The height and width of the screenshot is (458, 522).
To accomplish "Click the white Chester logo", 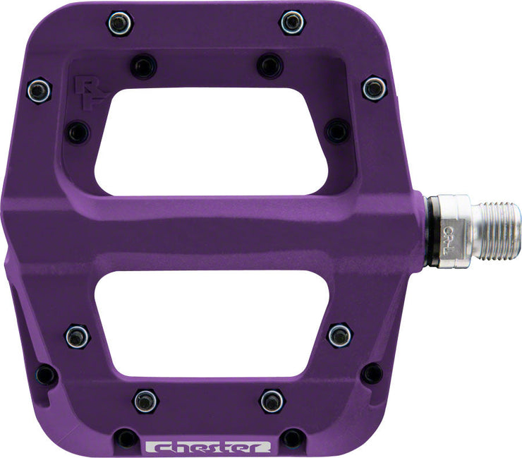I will coord(207,447).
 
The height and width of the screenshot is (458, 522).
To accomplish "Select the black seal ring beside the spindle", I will coord(427,232).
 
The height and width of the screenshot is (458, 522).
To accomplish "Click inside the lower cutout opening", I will coord(212,325).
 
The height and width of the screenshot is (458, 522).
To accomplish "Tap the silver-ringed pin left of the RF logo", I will coord(40,90).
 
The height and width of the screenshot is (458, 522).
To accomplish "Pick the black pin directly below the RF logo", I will coord(77,132).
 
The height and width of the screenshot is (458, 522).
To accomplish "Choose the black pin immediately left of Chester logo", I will coord(126,438).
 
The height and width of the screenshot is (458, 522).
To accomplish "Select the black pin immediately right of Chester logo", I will coord(291,438).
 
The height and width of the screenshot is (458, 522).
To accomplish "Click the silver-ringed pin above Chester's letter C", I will coord(146,400).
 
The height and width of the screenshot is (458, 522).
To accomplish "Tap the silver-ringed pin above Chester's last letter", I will coord(272,400).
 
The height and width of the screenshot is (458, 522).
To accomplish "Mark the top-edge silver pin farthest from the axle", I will coord(121,23).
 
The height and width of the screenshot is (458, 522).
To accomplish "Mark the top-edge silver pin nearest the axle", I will coord(292,22).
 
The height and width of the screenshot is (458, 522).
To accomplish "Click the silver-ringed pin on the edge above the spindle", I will coord(374,88).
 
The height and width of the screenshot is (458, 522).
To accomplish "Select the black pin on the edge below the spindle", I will coord(372,373).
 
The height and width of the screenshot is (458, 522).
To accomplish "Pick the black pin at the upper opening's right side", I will coord(337,131).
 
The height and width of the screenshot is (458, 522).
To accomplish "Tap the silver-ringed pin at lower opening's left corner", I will coord(77,335).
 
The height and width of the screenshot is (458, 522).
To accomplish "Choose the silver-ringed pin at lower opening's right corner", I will coord(340,335).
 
